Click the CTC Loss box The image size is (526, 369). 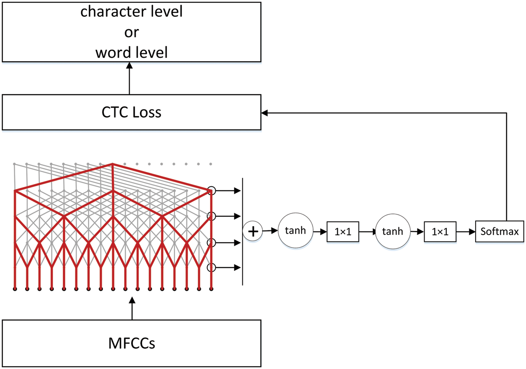click(131, 112)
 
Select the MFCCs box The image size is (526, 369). click(131, 343)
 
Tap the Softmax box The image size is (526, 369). click(499, 231)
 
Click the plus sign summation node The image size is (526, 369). click(252, 231)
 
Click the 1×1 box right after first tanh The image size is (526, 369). click(343, 232)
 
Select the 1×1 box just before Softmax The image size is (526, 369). click(440, 232)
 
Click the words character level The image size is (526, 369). click(131, 12)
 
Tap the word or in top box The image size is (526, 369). click(131, 32)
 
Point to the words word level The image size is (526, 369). click(131, 53)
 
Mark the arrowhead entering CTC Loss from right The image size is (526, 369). click(264, 113)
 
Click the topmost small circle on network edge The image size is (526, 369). click(212, 191)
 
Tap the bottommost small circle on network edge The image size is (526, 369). click(212, 267)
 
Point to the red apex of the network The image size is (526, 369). click(112, 164)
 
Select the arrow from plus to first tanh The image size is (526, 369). click(270, 231)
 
